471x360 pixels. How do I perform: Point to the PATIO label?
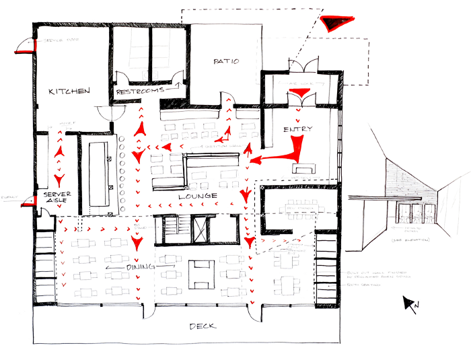pyautogui.click(x=226, y=61)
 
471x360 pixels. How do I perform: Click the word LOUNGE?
pyautogui.click(x=196, y=196)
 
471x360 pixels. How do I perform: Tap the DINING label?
pyautogui.click(x=141, y=267)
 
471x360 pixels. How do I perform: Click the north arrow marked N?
pyautogui.click(x=410, y=303)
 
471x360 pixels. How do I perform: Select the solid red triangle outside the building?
pyautogui.click(x=334, y=24)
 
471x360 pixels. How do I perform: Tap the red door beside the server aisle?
pyautogui.click(x=29, y=200)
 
